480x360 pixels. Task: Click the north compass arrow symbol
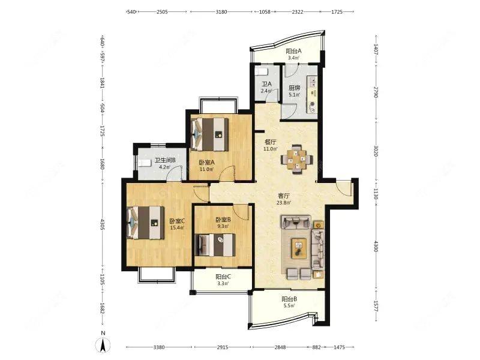104,346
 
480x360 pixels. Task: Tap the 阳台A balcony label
293,51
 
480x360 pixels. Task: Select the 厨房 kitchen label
295,88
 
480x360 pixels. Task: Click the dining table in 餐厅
297,159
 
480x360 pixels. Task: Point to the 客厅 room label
283,196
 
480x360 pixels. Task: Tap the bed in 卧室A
209,134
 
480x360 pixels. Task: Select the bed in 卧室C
145,222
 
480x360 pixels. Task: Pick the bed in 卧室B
215,245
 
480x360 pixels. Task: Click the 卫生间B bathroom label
165,160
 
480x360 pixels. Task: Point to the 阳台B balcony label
289,299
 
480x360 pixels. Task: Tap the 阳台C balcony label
223,277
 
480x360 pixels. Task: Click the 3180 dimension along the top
221,12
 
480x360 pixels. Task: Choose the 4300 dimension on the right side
376,247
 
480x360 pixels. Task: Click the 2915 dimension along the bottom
223,347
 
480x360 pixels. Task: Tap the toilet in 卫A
262,71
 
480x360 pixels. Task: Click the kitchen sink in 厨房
313,82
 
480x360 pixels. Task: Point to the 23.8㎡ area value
284,202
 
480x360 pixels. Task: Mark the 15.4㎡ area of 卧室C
177,228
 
